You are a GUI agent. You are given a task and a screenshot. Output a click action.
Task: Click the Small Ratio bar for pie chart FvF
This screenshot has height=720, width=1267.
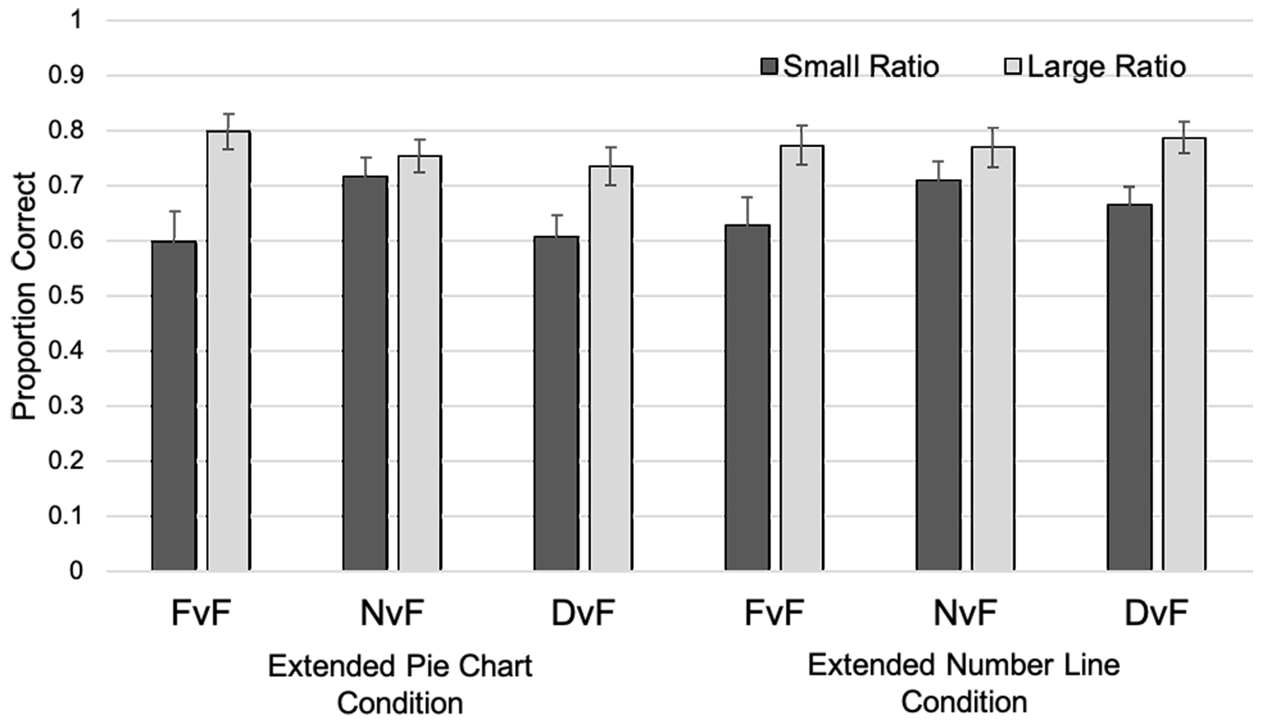174,406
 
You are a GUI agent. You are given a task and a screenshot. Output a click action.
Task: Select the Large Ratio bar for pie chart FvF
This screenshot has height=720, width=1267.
229,351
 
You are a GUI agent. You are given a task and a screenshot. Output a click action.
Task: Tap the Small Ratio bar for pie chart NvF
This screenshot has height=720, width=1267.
366,374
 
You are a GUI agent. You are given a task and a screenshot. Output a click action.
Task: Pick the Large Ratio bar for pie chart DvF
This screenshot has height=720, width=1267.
611,369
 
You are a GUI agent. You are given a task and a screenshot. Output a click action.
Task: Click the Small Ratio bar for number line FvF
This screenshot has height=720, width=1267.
748,398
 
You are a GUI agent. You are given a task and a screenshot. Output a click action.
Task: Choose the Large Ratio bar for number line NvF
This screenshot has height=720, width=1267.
993,359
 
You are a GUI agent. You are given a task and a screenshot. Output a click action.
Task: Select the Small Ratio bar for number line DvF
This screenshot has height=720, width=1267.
1129,388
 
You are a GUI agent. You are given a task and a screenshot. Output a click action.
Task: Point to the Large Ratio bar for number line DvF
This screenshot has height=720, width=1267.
1184,355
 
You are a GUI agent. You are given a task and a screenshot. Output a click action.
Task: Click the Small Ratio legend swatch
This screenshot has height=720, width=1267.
770,68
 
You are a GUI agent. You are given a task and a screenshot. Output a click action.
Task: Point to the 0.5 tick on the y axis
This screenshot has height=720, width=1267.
65,296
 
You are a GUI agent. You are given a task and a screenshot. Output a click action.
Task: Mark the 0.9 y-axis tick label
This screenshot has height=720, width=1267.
65,76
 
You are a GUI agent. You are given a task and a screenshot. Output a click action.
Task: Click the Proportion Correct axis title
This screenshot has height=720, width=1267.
24,295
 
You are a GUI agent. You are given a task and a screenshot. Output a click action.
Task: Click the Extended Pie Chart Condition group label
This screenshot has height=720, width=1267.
399,685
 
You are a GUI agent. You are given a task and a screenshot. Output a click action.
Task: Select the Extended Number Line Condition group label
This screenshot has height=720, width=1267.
964,684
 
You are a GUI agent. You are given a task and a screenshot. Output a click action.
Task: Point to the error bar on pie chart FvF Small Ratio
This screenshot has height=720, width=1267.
175,226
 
